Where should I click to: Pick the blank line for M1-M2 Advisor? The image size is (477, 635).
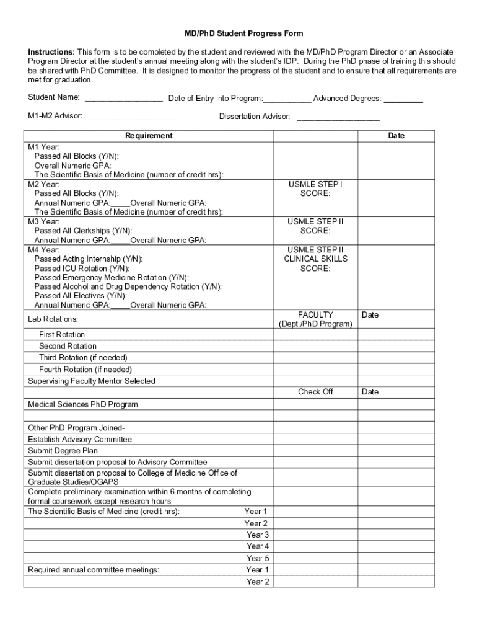click(130, 117)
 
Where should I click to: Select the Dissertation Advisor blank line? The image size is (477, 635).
click(338, 117)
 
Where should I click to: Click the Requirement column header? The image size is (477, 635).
click(149, 136)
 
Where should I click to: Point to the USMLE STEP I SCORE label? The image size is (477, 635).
click(315, 189)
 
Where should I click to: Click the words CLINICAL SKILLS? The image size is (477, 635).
click(315, 259)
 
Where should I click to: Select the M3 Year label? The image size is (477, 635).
click(43, 221)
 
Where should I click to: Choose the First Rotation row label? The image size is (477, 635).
click(62, 335)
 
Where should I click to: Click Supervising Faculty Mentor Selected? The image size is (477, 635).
click(92, 381)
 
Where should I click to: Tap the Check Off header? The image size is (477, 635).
click(315, 392)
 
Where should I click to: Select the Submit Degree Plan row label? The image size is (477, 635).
click(63, 451)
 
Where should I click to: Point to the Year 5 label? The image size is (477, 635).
click(258, 558)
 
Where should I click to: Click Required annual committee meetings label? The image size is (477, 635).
click(94, 570)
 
